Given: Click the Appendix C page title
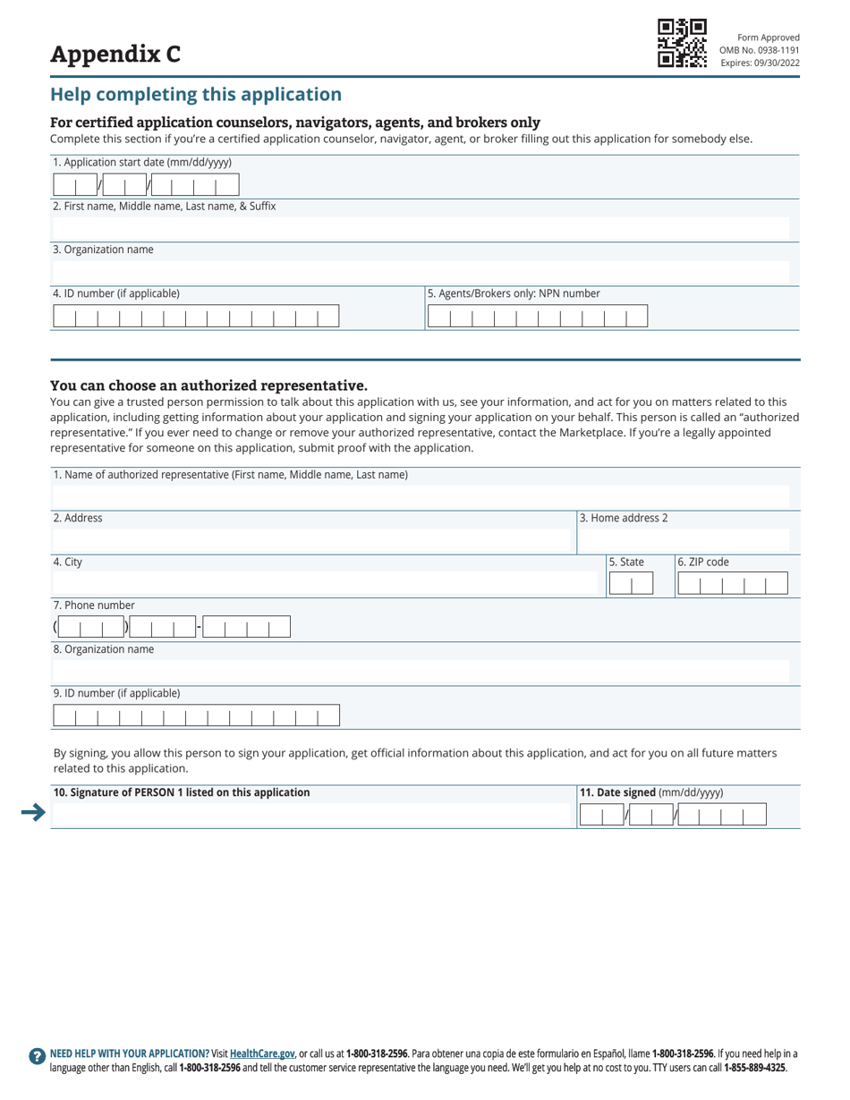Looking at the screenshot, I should point(115,55).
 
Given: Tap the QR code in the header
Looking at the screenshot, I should point(682,43).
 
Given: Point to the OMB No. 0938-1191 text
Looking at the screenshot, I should point(760,50).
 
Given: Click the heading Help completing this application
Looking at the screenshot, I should point(195,95).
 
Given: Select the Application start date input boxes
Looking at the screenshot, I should point(146,185).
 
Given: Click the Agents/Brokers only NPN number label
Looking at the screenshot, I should point(514,293).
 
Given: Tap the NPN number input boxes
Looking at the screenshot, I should point(537,317).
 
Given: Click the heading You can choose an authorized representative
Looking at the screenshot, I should point(208,385).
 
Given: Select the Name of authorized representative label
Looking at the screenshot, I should point(231,474).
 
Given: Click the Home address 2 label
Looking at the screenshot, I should point(624,518).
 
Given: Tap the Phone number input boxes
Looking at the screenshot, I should point(172,627).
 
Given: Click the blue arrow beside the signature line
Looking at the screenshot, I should point(33,812).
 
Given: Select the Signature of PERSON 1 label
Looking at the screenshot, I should point(182,792).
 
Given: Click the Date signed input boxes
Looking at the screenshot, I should point(673,814).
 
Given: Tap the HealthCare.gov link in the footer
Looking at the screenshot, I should point(262,1053).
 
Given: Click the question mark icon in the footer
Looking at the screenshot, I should point(37,1055).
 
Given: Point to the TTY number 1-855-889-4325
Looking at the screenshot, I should point(754,1068).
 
